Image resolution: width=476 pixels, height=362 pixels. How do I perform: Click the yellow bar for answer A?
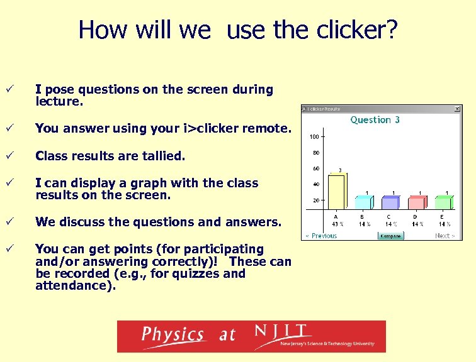[x=337, y=194]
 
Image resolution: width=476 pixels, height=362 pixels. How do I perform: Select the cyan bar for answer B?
[x=364, y=202]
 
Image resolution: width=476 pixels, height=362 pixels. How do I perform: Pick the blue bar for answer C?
[x=391, y=202]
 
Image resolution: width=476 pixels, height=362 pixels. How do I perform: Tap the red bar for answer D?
[x=417, y=202]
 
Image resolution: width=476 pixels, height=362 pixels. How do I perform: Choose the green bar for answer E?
[x=444, y=202]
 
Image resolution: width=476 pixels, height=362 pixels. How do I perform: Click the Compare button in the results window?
[x=390, y=236]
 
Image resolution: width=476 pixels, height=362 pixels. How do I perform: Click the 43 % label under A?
[x=337, y=224]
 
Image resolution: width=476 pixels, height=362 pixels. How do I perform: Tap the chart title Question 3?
[x=375, y=119]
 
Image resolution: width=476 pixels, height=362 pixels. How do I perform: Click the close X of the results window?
[x=458, y=109]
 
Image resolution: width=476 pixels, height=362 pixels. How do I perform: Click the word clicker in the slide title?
[x=353, y=30]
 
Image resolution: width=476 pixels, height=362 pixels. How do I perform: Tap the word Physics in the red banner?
[x=173, y=334]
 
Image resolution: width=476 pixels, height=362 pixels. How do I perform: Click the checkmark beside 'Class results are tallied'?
[x=9, y=155]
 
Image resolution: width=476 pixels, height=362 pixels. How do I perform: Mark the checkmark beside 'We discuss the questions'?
[x=9, y=222]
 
